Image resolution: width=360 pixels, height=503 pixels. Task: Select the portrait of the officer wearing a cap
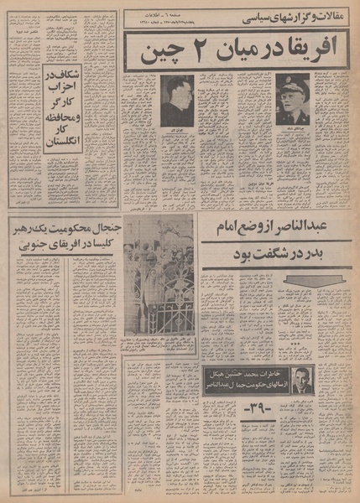pos(292,99)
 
